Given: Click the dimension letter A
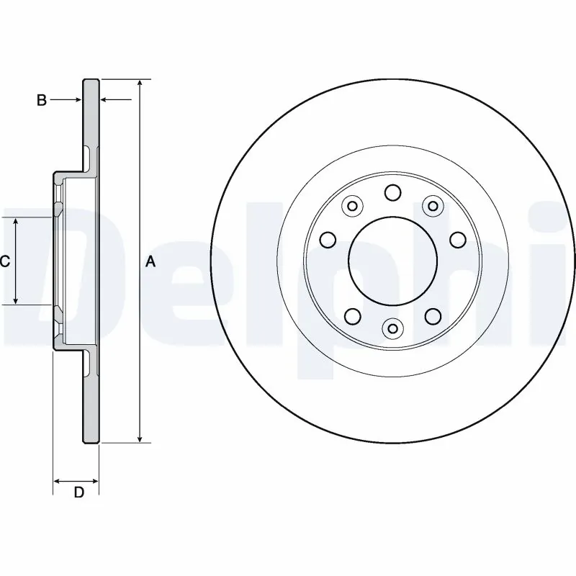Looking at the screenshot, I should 150,261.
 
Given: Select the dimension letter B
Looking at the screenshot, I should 42,100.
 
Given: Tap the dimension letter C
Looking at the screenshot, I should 5,261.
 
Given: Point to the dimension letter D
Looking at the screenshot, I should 79,492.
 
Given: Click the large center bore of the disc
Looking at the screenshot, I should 392,261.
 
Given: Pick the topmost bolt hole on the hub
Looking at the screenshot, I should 392,192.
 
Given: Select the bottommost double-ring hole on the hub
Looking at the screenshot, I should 392,329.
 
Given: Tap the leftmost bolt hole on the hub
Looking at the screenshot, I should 328,239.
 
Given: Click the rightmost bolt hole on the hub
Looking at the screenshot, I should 457,239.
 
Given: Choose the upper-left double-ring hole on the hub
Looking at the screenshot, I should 352,207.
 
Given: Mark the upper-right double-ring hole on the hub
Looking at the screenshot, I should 432,207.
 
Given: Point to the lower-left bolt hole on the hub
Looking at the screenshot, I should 352,315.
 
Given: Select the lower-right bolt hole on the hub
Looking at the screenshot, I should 432,315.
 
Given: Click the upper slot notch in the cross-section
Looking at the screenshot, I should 87,156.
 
